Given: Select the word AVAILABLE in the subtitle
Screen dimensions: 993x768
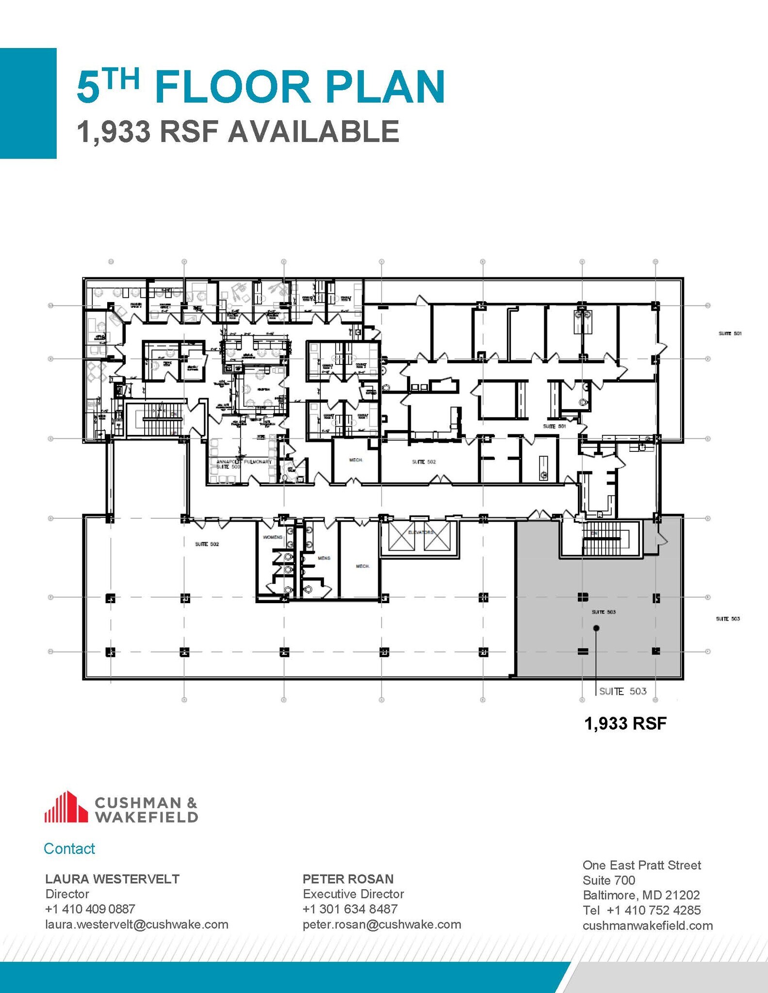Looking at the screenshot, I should click(314, 132).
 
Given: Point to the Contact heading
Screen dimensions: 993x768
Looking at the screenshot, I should click(69, 849).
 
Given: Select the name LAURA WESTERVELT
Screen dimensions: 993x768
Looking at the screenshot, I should click(112, 879).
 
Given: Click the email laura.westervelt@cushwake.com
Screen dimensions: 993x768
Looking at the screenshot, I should click(137, 924).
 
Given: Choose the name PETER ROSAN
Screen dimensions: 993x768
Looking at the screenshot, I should click(348, 879).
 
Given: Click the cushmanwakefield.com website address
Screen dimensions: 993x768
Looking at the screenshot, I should click(648, 926).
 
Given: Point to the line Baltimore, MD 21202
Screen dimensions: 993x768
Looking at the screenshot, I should click(641, 895).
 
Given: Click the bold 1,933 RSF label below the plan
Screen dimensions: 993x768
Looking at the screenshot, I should click(625, 723).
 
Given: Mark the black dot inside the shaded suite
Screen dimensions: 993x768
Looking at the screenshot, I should click(596, 628).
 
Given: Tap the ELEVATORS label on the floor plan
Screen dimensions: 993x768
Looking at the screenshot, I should click(420, 532).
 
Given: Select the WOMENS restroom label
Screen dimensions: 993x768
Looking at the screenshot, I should click(273, 537).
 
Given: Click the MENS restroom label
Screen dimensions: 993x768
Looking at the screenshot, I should click(324, 558).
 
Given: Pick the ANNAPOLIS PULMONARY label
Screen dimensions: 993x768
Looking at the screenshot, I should click(244, 462).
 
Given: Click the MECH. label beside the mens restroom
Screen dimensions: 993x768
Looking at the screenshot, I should click(362, 566).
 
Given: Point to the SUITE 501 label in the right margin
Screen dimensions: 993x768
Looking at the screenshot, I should click(730, 334).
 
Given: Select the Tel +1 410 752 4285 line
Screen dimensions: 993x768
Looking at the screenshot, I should click(641, 910).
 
